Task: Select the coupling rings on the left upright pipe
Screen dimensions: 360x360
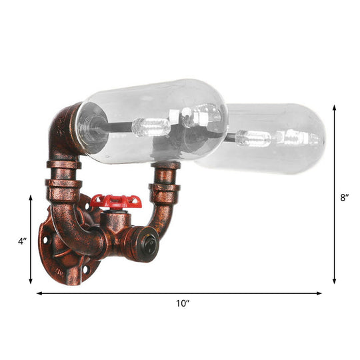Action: [63, 175]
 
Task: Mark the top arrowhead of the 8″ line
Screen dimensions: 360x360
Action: [335, 107]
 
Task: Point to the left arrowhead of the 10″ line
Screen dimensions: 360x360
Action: [39, 293]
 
